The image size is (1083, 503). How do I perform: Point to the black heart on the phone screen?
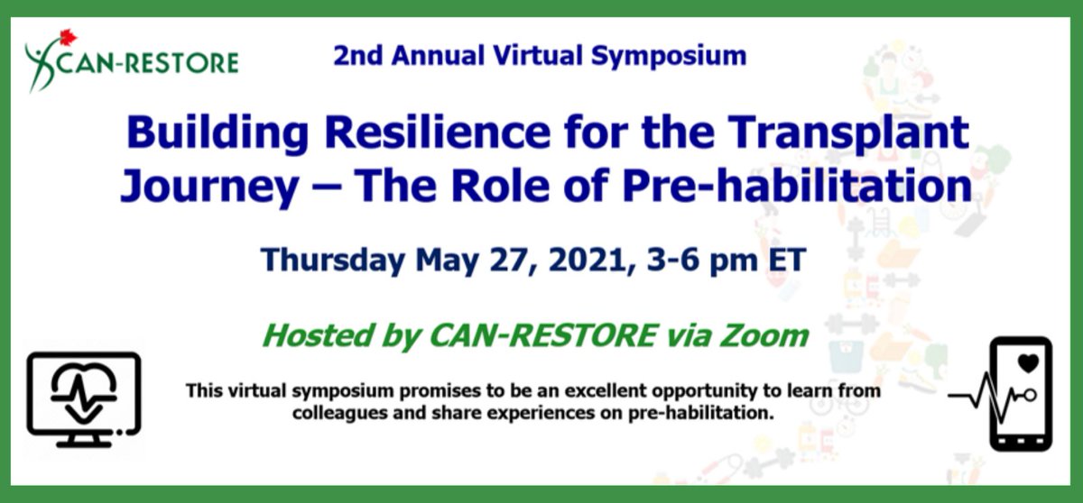(1027, 363)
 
